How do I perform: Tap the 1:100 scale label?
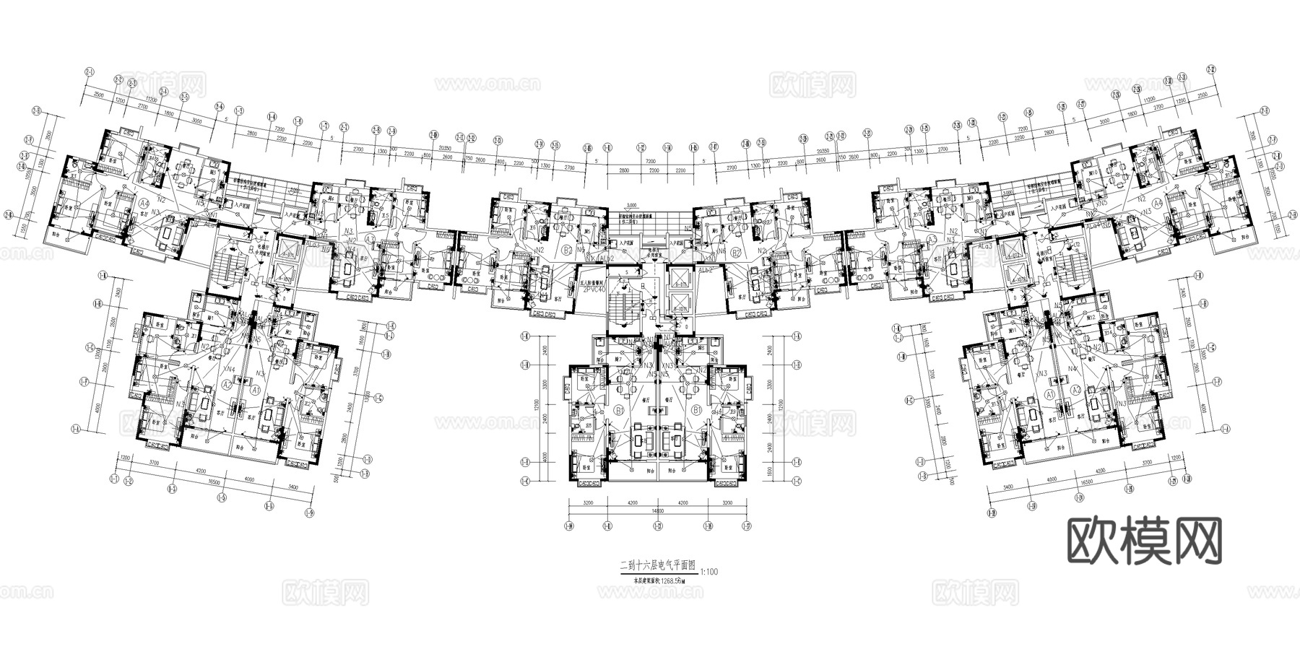(x=709, y=572)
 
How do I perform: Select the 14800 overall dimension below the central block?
(x=658, y=510)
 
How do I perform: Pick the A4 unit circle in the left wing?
(x=144, y=204)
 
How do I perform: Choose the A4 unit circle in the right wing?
(x=1156, y=204)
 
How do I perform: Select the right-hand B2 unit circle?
(x=736, y=252)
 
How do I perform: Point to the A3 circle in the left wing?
(x=370, y=239)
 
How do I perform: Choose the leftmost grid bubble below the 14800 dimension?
(x=569, y=526)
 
